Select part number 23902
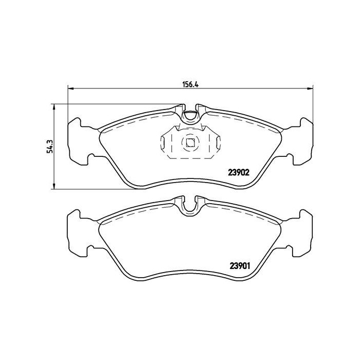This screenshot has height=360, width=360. (x=239, y=173)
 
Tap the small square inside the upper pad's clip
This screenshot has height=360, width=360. (x=190, y=143)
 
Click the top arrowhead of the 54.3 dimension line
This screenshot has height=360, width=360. (x=53, y=106)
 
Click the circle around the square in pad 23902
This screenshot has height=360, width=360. (x=190, y=136)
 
